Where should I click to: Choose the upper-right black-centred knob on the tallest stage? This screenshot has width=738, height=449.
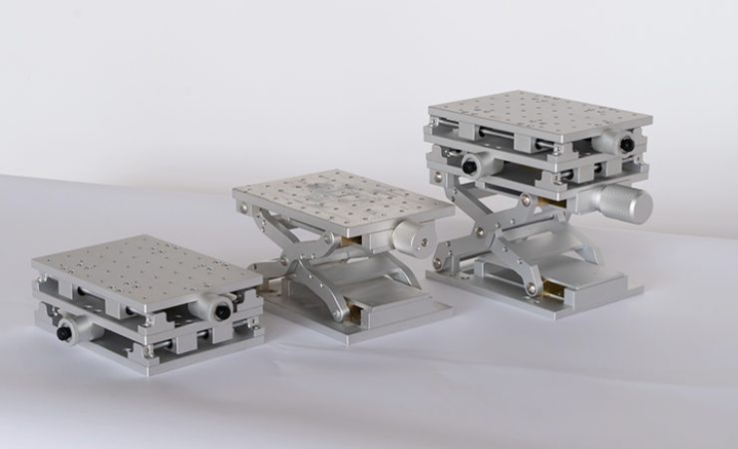coord(622,144)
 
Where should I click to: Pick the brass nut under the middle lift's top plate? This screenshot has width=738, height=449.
coord(346,241)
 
